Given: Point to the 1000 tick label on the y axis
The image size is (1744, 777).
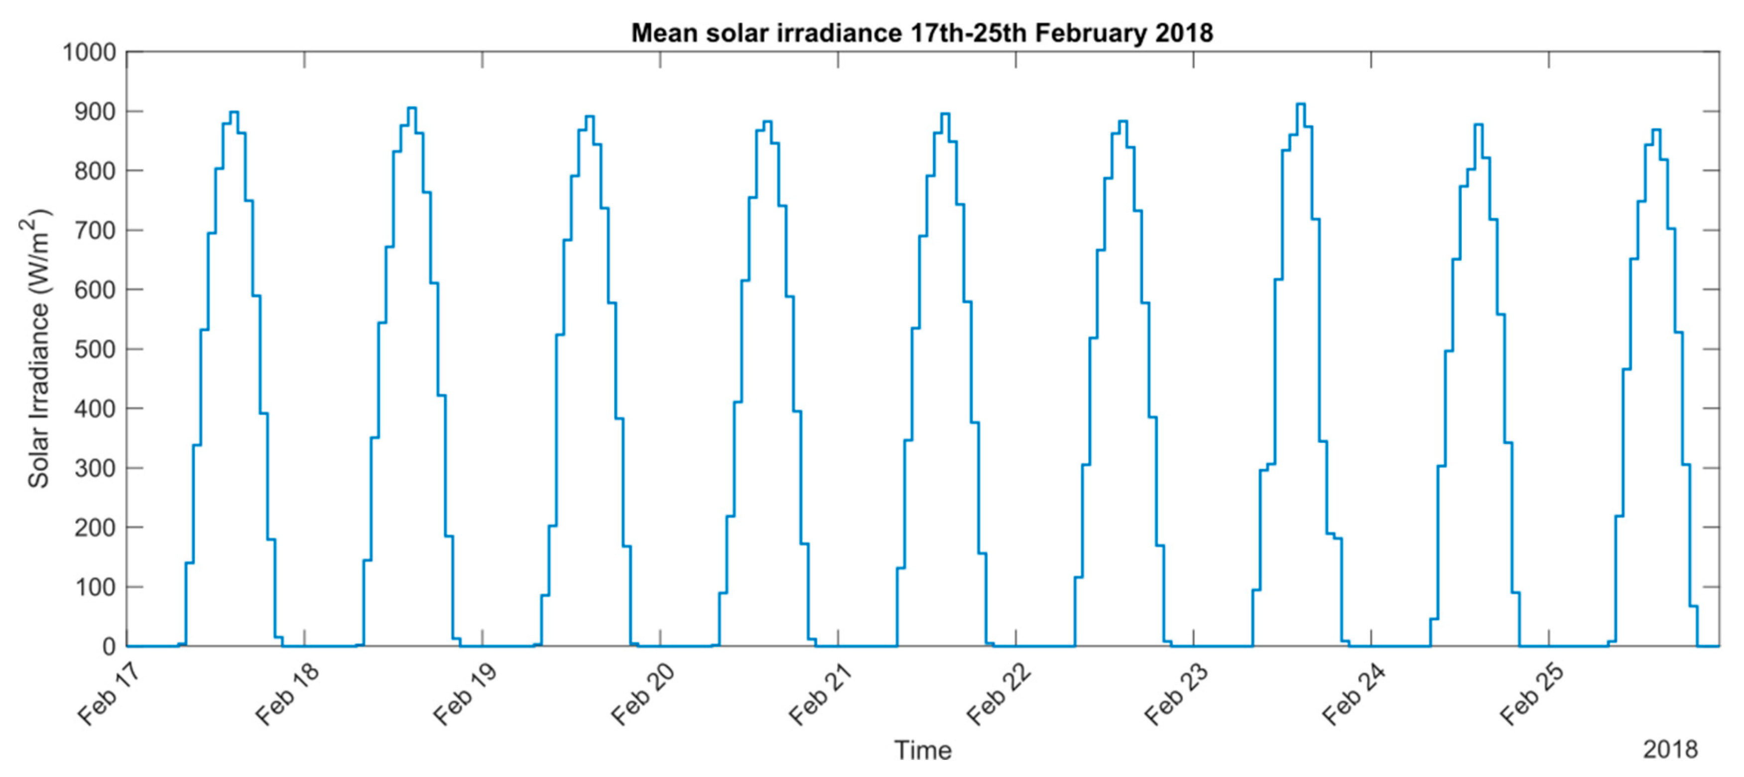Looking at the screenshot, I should coord(89,52).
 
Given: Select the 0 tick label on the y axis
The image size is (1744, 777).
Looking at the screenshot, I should coord(109,647).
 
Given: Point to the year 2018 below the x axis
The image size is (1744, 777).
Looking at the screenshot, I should coord(1670,749).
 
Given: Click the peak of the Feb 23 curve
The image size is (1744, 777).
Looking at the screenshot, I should coord(1300,104).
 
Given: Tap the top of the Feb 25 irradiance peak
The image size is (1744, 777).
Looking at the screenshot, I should coord(1656,129).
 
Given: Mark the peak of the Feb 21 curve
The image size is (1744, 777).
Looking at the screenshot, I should coord(945,114).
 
